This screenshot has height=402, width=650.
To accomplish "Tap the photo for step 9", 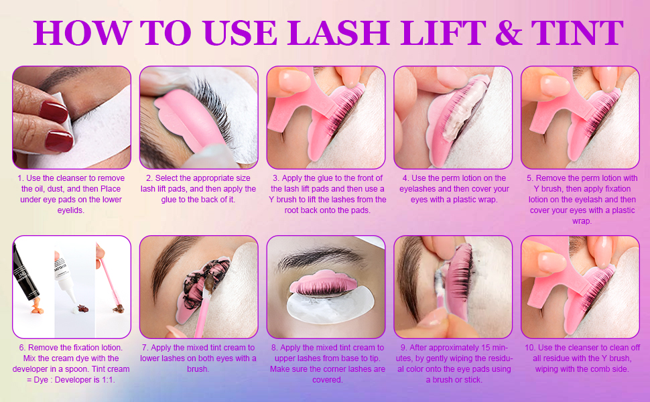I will coord(453,286).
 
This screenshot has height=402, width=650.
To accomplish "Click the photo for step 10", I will coord(580,286).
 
